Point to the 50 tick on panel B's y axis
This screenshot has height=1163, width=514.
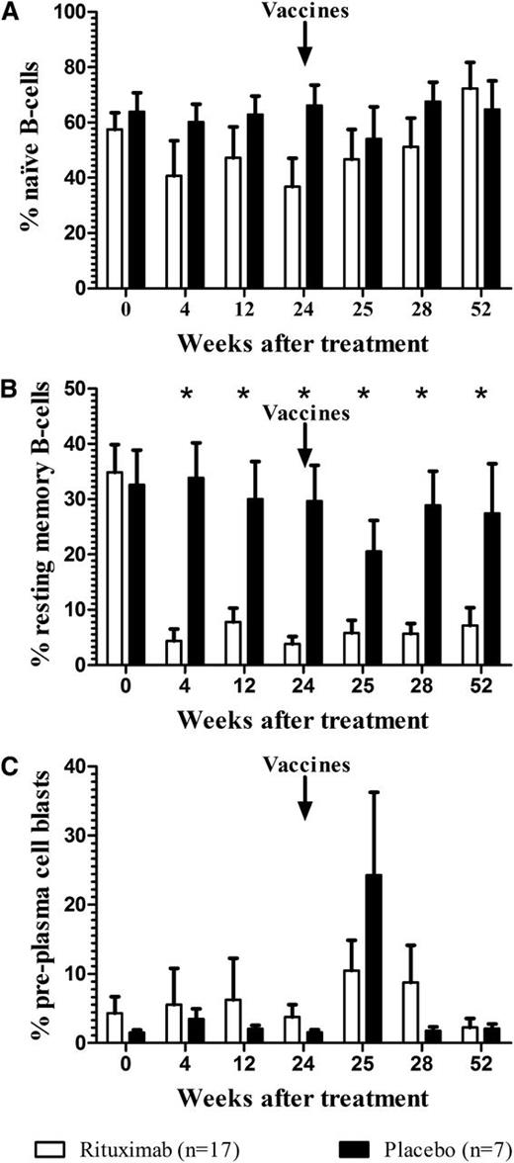coord(76,390)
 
